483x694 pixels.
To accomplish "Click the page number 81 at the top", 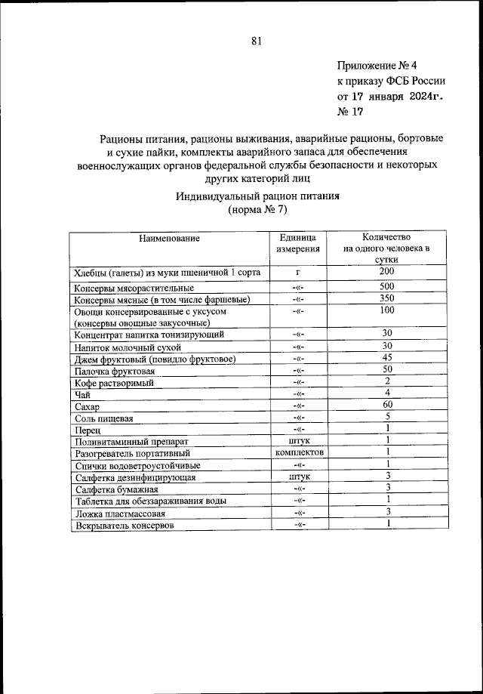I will pos(256,42).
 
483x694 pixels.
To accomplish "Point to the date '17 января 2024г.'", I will pos(393,97).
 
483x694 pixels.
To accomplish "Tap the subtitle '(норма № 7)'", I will pos(258,211).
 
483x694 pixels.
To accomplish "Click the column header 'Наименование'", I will pos(169,239).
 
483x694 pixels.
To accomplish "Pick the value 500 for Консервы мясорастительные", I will pos(387,287).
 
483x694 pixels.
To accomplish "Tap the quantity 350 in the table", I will pos(387,299).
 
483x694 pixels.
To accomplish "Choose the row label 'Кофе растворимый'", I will pos(113,383).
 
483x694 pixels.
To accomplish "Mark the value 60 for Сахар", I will pos(387,406).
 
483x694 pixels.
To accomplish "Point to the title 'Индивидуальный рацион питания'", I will pos(258,196).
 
